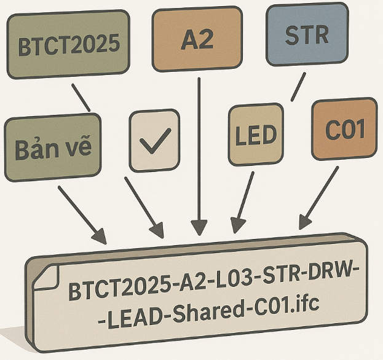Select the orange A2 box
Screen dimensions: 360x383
click(197, 39)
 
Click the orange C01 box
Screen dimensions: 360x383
click(344, 129)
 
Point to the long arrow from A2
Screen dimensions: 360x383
click(198, 154)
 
